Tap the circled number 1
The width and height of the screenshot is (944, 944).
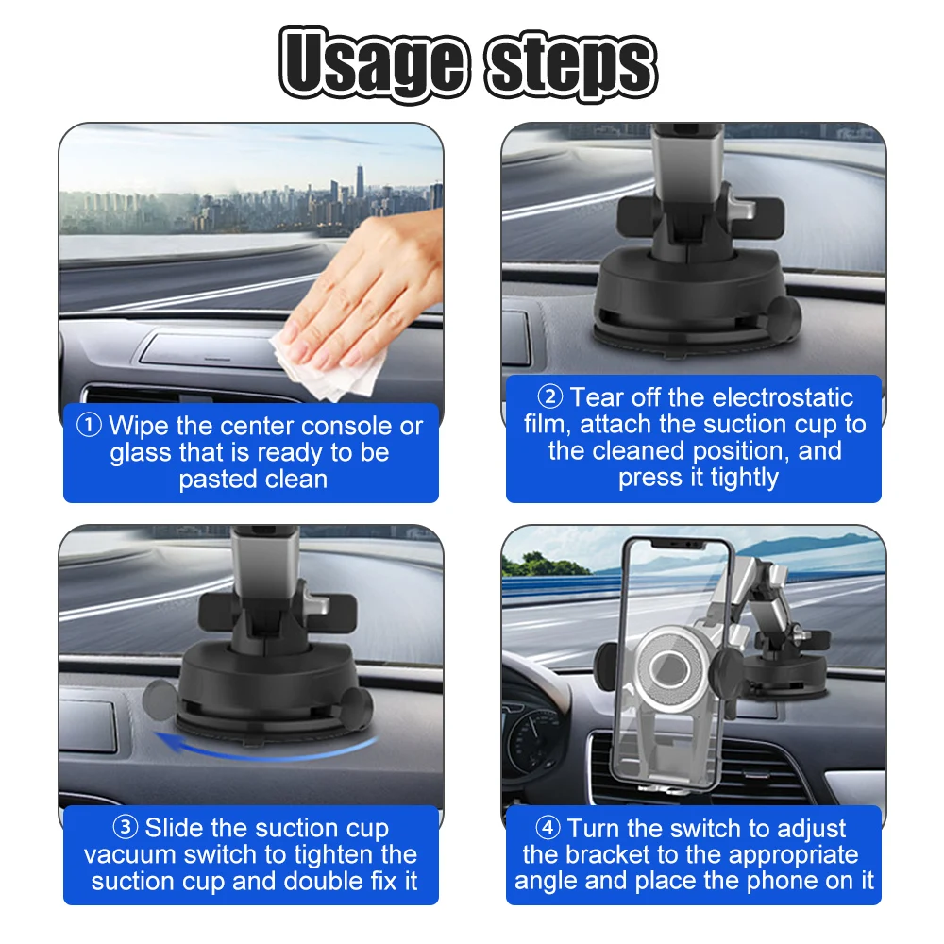pyautogui.click(x=89, y=425)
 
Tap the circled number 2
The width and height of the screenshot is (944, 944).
pyautogui.click(x=549, y=396)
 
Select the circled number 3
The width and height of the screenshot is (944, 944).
pyautogui.click(x=126, y=827)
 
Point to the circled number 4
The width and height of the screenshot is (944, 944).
pyautogui.click(x=548, y=828)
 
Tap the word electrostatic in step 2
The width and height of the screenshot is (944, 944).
pyautogui.click(x=782, y=397)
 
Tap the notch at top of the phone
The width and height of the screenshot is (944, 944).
pyautogui.click(x=677, y=545)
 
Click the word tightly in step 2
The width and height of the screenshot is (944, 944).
pyautogui.click(x=745, y=478)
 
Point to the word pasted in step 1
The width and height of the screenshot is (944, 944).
pyautogui.click(x=211, y=480)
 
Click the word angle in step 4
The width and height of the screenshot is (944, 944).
pyautogui.click(x=546, y=881)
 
